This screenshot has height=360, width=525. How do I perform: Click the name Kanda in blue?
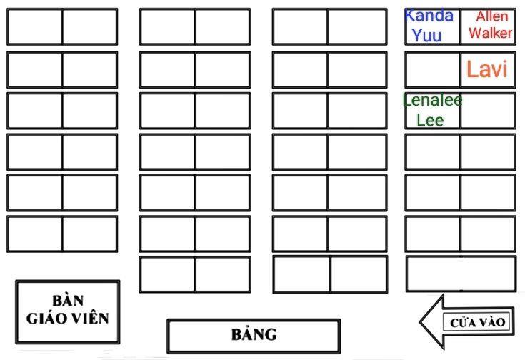(x=429, y=16)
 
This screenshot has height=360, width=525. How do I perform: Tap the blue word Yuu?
(x=426, y=35)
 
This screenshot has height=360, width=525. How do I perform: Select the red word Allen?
(x=492, y=16)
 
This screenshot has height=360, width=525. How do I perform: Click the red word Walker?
(x=490, y=33)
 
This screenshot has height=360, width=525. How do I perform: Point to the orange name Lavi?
(x=487, y=69)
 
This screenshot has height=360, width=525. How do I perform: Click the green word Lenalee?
(x=433, y=100)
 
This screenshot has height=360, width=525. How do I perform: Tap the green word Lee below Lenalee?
(x=430, y=120)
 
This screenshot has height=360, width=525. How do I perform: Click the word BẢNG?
(x=254, y=334)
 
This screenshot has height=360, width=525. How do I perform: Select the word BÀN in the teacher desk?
(x=68, y=301)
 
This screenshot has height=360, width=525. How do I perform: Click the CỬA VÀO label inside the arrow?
(x=477, y=323)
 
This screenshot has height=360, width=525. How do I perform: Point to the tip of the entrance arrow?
(x=420, y=322)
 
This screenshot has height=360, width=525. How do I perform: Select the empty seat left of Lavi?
(x=433, y=70)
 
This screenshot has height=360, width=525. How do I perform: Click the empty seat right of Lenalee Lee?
(x=488, y=111)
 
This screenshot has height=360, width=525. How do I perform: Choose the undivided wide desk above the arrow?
(x=461, y=274)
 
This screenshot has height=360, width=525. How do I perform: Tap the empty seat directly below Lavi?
(x=488, y=111)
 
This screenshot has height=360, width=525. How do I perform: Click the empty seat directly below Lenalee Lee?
(x=433, y=151)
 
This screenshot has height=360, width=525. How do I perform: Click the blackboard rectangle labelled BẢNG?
(x=254, y=336)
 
